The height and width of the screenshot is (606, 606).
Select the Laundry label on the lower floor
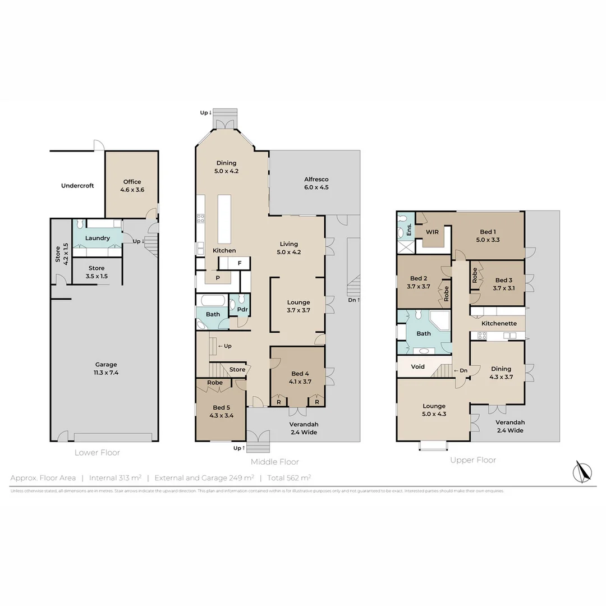click(x=97, y=238)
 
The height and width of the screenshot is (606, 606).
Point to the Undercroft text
click(x=77, y=186)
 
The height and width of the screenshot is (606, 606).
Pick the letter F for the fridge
click(x=240, y=263)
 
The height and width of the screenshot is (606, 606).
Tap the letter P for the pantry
click(x=218, y=277)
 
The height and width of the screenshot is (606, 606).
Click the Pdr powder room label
click(x=242, y=310)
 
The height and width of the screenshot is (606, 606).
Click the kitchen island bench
click(x=224, y=217)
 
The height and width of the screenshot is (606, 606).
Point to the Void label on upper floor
click(x=417, y=366)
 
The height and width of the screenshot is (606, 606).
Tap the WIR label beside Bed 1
click(x=432, y=232)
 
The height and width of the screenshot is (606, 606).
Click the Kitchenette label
click(x=499, y=324)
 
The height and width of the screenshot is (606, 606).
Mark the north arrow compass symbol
click(x=583, y=471)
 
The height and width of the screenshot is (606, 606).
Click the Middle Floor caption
click(x=274, y=462)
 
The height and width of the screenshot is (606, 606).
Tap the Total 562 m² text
click(x=289, y=478)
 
